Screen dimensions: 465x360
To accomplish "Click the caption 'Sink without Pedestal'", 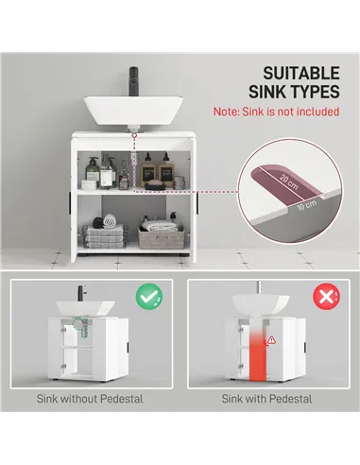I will click(x=91, y=399).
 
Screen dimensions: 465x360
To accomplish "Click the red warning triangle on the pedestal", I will click(x=271, y=337).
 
